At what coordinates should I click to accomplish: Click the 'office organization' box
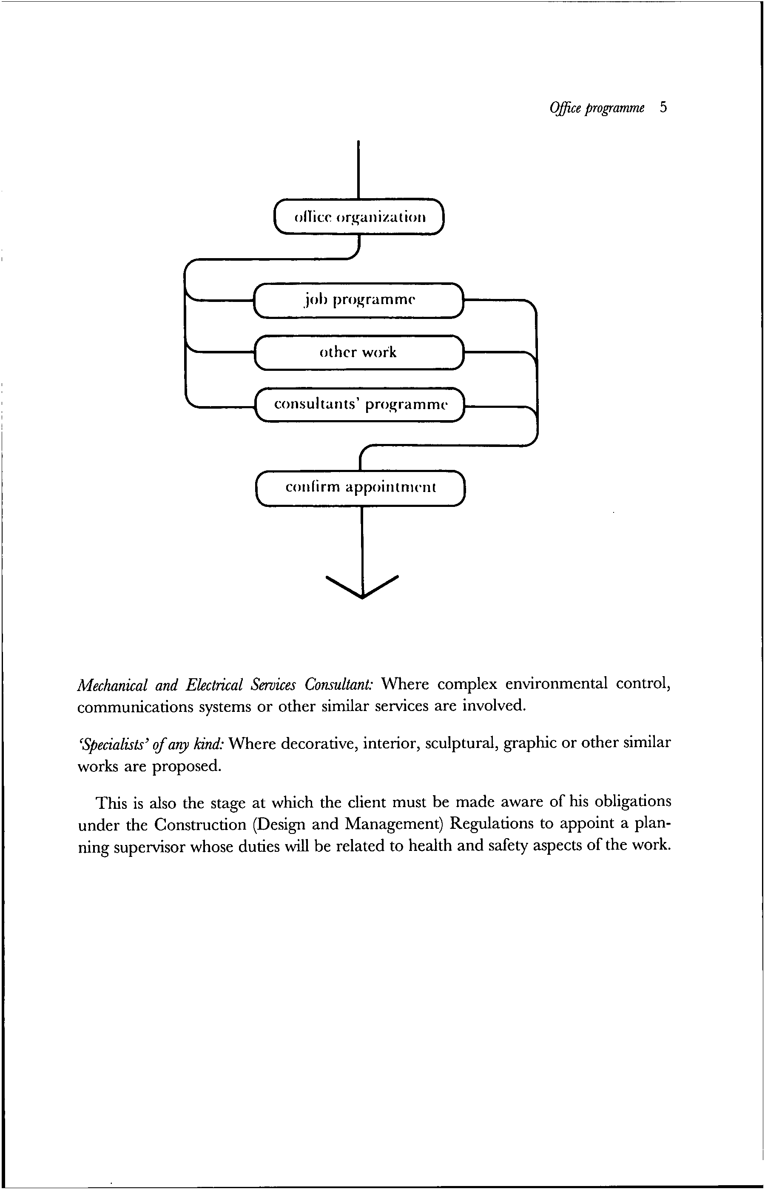(358, 216)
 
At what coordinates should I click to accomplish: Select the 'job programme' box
(358, 300)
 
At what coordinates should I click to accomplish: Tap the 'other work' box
(358, 352)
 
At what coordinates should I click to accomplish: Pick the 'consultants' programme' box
(360, 404)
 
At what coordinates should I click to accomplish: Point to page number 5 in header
(663, 107)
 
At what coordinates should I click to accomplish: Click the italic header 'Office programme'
(597, 108)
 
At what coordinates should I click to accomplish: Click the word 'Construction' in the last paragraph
(200, 825)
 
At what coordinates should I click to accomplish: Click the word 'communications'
(135, 707)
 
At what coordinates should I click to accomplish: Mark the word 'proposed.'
(186, 766)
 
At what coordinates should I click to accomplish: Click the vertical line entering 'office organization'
(358, 169)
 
